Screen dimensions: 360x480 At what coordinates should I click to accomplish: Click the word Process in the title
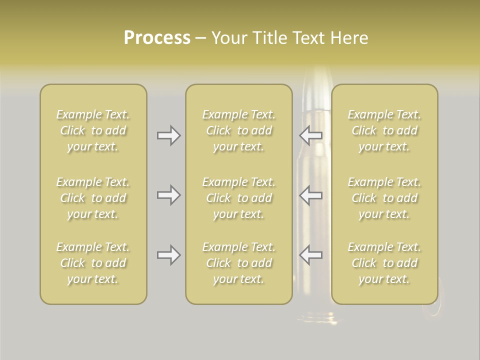(x=157, y=38)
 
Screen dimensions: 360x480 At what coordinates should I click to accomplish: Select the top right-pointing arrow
(x=169, y=135)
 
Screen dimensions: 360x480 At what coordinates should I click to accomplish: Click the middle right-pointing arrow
(x=169, y=195)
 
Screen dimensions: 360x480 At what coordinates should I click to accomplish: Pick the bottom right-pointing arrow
(x=169, y=255)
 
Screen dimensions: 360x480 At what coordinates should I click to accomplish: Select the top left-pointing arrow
(x=311, y=135)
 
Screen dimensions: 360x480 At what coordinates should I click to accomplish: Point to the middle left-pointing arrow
(x=311, y=195)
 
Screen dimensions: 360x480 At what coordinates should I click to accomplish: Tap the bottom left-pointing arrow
(x=311, y=255)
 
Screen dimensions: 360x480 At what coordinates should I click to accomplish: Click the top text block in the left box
(x=93, y=130)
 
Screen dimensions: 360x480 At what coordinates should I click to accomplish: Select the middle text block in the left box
(x=93, y=198)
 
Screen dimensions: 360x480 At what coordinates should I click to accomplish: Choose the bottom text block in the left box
(x=93, y=263)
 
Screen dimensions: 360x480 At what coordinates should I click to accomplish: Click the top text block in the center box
(x=239, y=130)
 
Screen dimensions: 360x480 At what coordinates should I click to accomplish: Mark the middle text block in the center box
(x=239, y=198)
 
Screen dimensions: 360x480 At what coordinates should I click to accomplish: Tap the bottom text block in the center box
(x=239, y=263)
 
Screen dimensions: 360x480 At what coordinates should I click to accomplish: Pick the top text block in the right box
(x=384, y=130)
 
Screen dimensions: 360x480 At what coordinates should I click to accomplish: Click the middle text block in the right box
(x=384, y=198)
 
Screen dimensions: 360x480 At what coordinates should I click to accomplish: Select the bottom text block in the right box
(x=384, y=263)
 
